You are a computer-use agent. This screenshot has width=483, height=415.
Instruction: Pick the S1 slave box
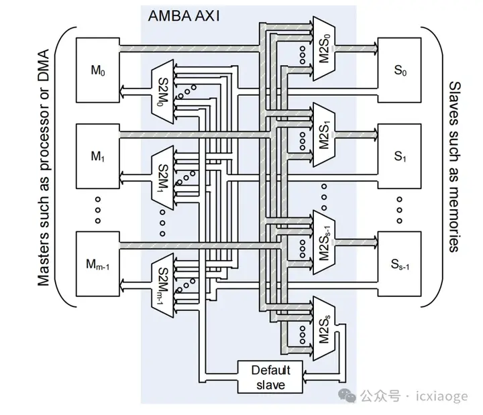[401, 157]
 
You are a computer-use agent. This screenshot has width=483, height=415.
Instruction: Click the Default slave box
[268, 377]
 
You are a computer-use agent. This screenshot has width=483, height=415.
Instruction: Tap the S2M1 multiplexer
[164, 178]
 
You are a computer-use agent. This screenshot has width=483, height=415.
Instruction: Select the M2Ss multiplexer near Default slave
[321, 327]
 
